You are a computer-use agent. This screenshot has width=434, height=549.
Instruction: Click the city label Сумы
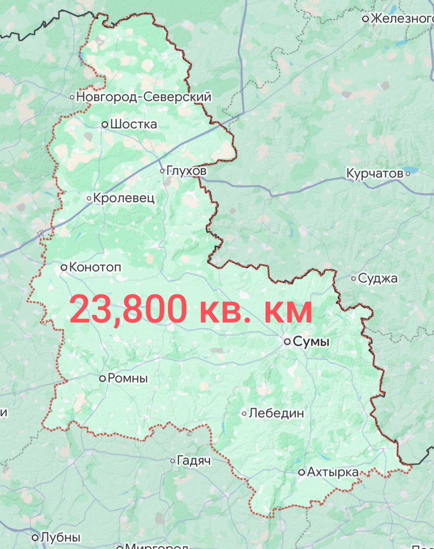tap(311, 341)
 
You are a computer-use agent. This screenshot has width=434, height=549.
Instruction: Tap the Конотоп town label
tap(95, 267)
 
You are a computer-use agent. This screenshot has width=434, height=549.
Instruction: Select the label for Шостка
tap(133, 124)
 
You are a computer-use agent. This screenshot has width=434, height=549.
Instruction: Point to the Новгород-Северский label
tap(144, 97)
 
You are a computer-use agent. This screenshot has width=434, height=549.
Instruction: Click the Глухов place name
tap(187, 171)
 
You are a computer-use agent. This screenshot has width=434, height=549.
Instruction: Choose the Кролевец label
tap(124, 198)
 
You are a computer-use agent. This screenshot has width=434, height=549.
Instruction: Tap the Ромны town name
tap(128, 378)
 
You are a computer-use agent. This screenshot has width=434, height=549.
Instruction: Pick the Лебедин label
tap(276, 413)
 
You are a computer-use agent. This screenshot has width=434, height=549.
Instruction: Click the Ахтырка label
tap(333, 472)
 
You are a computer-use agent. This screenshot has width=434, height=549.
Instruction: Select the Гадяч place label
tap(194, 461)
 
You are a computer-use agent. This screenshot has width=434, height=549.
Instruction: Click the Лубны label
tap(60, 537)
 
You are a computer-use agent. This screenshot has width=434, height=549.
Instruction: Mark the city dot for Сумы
tap(287, 341)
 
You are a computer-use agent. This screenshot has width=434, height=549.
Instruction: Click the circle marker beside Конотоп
tap(64, 267)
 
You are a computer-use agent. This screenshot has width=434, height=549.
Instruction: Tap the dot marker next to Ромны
tap(103, 378)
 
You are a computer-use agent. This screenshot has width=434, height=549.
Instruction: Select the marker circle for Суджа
tap(354, 278)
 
